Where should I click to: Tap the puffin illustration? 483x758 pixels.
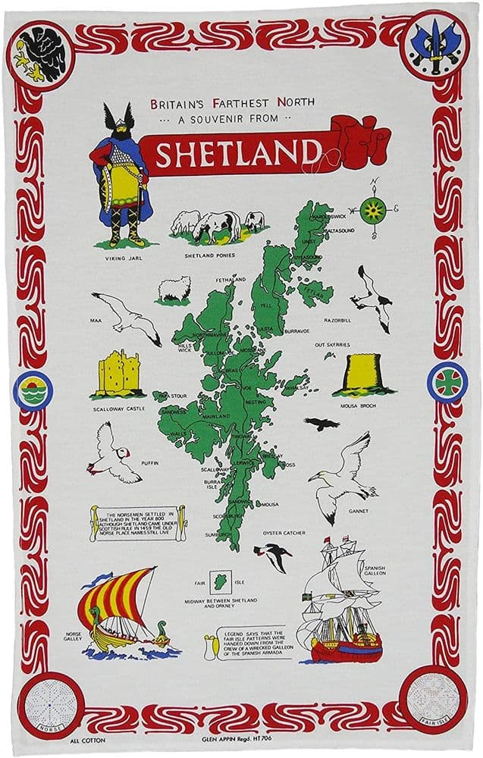[113, 453]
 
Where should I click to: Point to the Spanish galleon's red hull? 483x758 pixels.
[345, 649]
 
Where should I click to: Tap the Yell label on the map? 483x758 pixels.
[265, 305]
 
